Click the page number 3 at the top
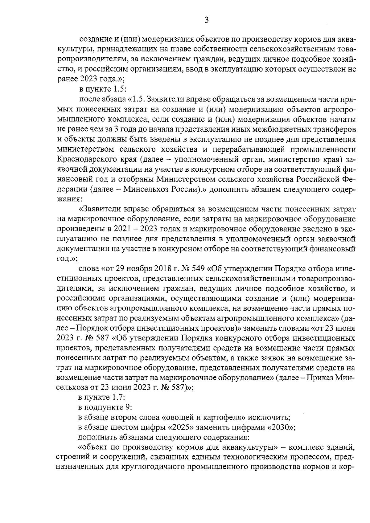point(207,21)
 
